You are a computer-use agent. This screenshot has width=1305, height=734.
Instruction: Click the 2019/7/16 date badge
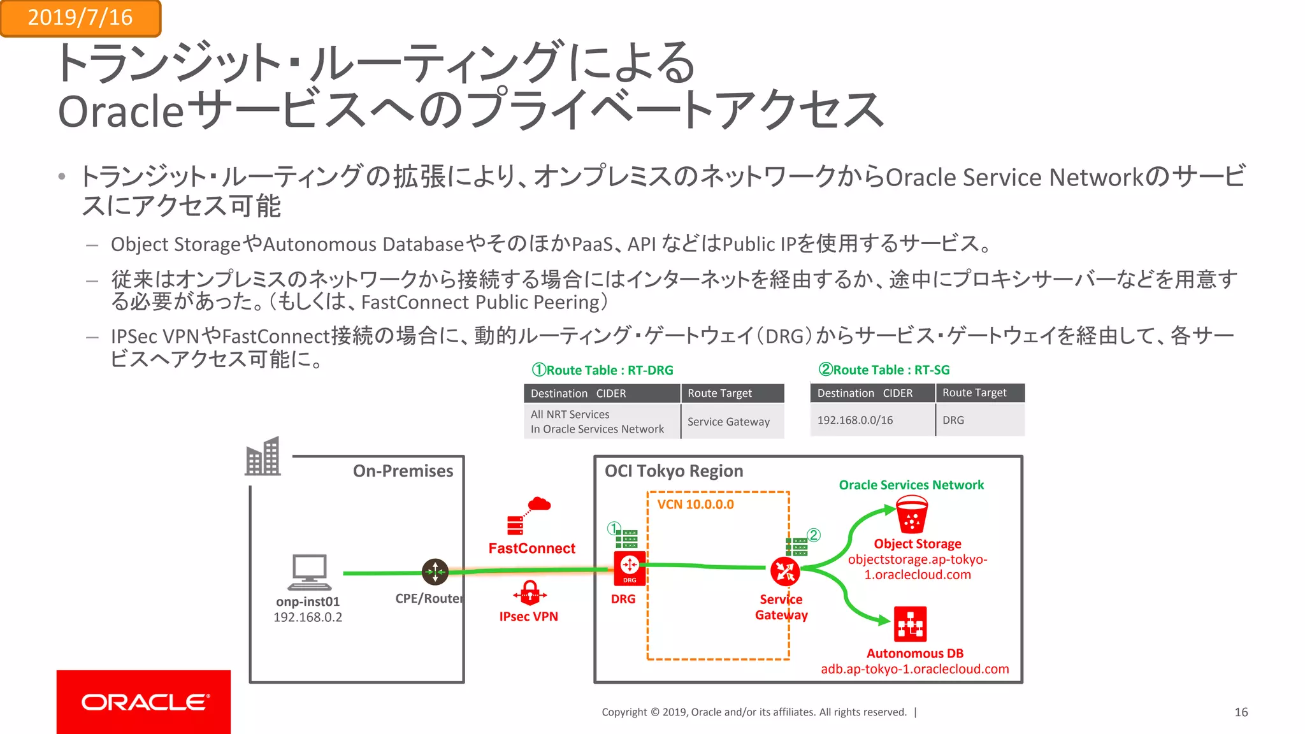click(80, 18)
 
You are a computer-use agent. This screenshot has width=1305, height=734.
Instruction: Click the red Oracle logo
click(143, 702)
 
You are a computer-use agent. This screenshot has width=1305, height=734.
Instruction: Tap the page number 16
click(1241, 712)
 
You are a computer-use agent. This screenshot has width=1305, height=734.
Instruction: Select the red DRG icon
click(629, 568)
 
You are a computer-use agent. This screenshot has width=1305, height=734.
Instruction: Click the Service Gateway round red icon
click(784, 571)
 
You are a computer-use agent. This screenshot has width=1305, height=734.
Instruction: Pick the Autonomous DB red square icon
click(910, 624)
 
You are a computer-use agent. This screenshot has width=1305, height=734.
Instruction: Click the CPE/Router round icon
click(435, 572)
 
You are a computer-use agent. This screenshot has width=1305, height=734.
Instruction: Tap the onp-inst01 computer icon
click(309, 572)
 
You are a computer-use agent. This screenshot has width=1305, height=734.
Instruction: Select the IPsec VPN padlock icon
click(530, 593)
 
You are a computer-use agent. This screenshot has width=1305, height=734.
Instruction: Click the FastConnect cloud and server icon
click(528, 515)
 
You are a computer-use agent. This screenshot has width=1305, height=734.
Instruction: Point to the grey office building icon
click(263, 457)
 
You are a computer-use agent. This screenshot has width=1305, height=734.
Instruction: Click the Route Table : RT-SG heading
click(884, 370)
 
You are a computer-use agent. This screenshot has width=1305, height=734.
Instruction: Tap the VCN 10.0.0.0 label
click(695, 505)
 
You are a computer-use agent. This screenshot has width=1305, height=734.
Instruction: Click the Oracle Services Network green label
click(911, 485)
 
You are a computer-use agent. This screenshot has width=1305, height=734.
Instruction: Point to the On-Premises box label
click(403, 471)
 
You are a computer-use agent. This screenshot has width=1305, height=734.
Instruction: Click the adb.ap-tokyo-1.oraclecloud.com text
click(914, 669)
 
